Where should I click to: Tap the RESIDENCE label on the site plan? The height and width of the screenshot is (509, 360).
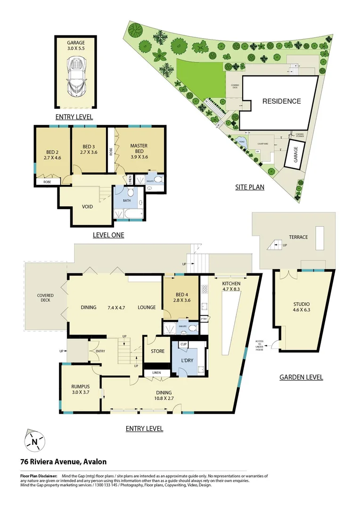coord(281,101)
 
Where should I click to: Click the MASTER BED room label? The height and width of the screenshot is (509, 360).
coord(139,149)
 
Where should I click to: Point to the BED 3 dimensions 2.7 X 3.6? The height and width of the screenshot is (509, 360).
coord(89,153)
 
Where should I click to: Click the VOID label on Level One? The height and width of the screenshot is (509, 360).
coord(87,206)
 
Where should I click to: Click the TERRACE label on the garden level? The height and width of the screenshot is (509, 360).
coord(298,237)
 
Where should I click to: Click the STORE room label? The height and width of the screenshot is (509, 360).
coord(157,351)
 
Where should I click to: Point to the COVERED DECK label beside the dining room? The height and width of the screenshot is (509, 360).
coord(46,298)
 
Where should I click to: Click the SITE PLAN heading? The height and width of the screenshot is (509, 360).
coord(250,187)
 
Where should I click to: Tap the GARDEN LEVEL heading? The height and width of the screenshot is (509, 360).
coord(301,377)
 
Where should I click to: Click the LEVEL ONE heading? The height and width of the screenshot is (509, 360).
coord(108,235)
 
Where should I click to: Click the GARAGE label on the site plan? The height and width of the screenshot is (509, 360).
coord(296,154)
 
